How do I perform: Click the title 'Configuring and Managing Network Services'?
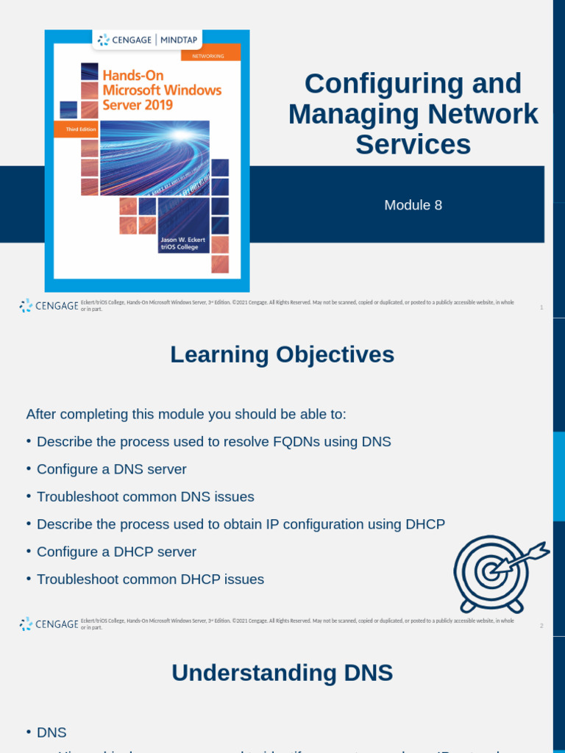click(x=413, y=114)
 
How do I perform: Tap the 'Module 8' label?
click(x=413, y=205)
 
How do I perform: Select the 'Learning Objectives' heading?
click(x=282, y=354)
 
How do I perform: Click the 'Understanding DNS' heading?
click(x=282, y=673)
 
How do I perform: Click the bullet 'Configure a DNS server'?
click(x=111, y=469)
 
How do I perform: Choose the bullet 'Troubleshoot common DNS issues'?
click(x=145, y=496)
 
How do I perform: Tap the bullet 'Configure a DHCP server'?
click(x=116, y=552)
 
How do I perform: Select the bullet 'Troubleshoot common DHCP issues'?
click(x=150, y=579)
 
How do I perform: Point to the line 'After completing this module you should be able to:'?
click(x=186, y=414)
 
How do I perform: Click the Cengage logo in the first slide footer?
click(x=49, y=306)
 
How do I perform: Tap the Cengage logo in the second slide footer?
click(x=49, y=624)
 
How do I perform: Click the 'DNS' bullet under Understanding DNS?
click(x=51, y=732)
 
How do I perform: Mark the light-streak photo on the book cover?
click(x=154, y=158)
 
